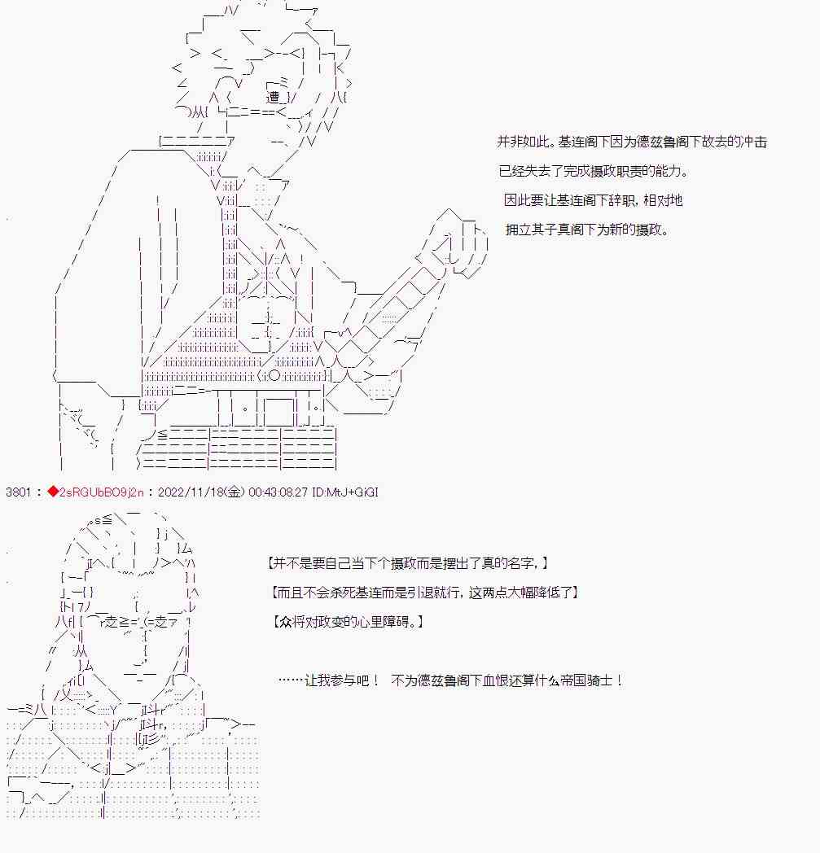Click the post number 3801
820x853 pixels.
[18, 492]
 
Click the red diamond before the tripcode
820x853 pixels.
[53, 492]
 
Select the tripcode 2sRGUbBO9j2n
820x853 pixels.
[101, 492]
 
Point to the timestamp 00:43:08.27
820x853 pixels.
[278, 492]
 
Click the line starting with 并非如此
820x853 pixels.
[632, 142]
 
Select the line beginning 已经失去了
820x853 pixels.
[593, 172]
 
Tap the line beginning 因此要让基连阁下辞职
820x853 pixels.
[593, 200]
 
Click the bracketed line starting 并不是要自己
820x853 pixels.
[407, 563]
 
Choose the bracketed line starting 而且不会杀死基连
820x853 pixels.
[424, 593]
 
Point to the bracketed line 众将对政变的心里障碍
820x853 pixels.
[348, 621]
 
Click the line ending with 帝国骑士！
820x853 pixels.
[450, 680]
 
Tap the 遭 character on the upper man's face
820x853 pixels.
[273, 98]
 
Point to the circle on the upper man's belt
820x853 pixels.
[274, 376]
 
